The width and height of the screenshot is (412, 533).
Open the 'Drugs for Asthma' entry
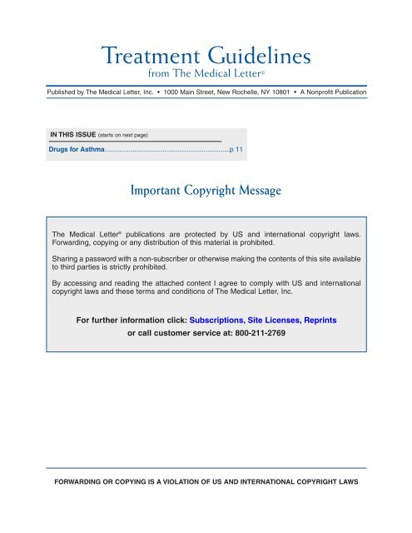(x=73, y=151)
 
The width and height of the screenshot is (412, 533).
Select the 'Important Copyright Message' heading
(x=206, y=191)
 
